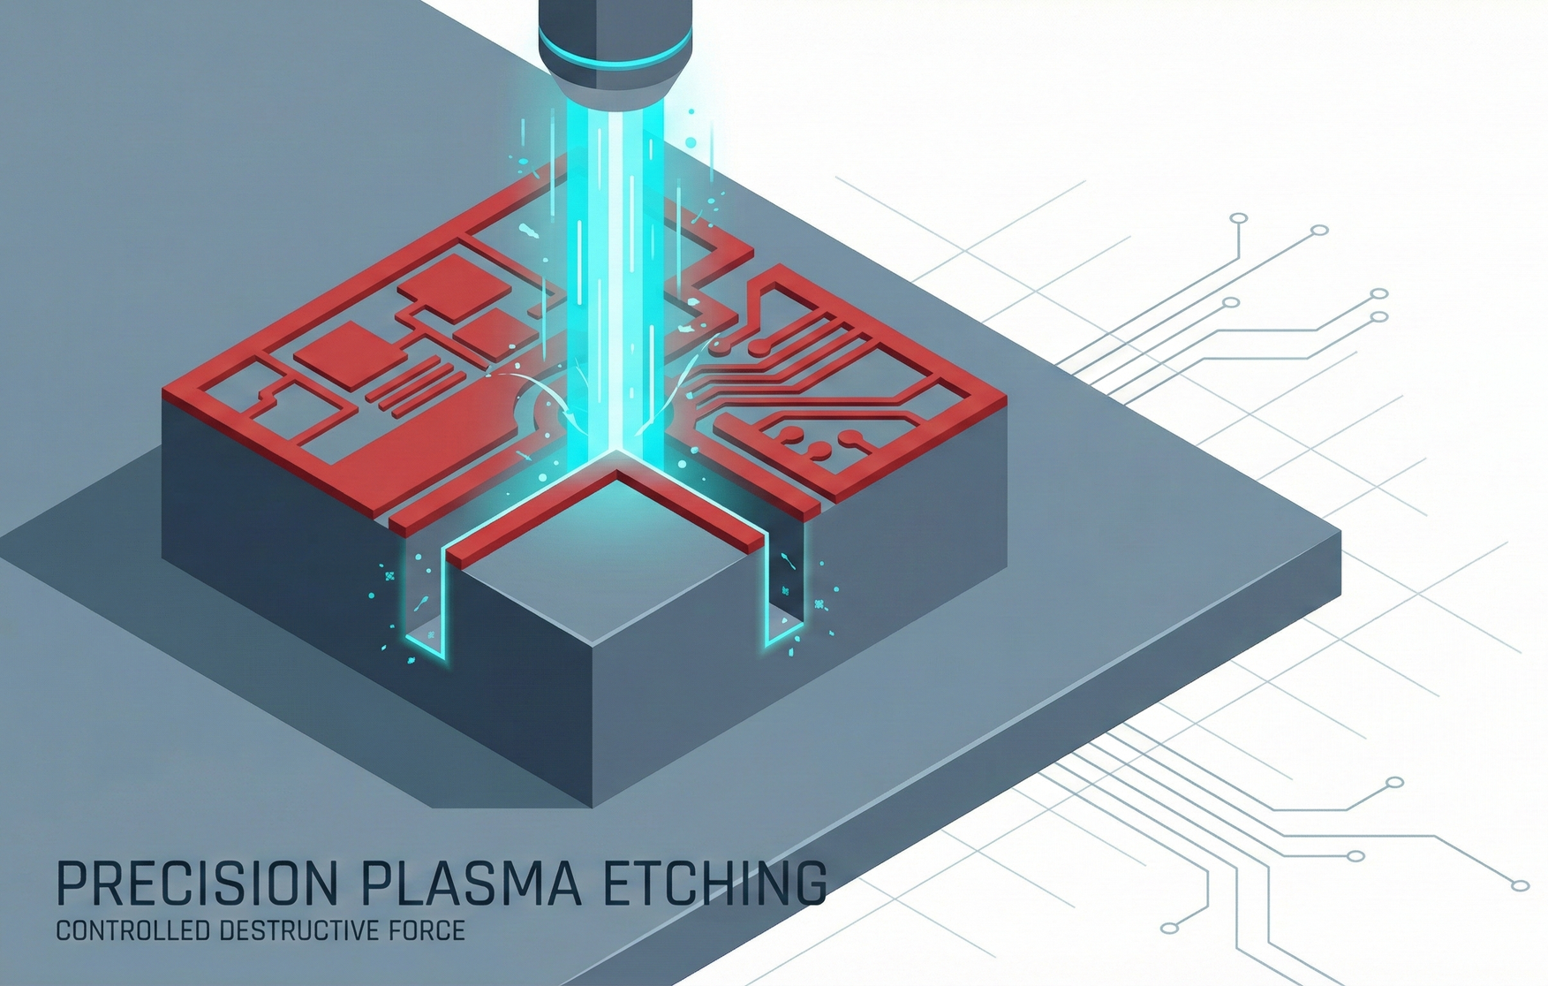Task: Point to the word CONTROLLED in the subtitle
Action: pos(133,930)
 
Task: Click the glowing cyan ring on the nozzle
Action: pos(615,49)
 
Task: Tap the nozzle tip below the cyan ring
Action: pos(615,88)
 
